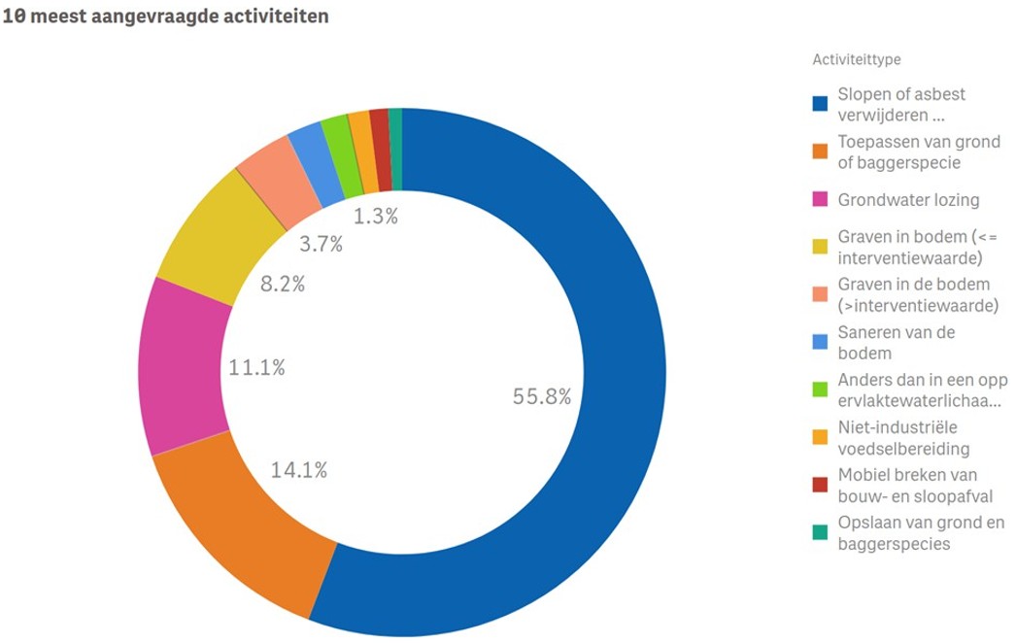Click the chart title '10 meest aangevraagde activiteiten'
(166, 17)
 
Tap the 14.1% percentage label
(298, 470)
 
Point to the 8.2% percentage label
(282, 284)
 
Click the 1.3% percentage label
(375, 217)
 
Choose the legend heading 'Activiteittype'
(856, 59)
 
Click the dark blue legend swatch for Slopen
(820, 103)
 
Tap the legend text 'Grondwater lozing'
(908, 200)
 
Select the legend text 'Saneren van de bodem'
(897, 343)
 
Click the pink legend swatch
(820, 200)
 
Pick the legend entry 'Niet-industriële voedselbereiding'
(903, 438)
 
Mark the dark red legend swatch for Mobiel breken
(820, 484)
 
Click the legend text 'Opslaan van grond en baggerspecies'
(920, 533)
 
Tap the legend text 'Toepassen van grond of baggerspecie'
(918, 152)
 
